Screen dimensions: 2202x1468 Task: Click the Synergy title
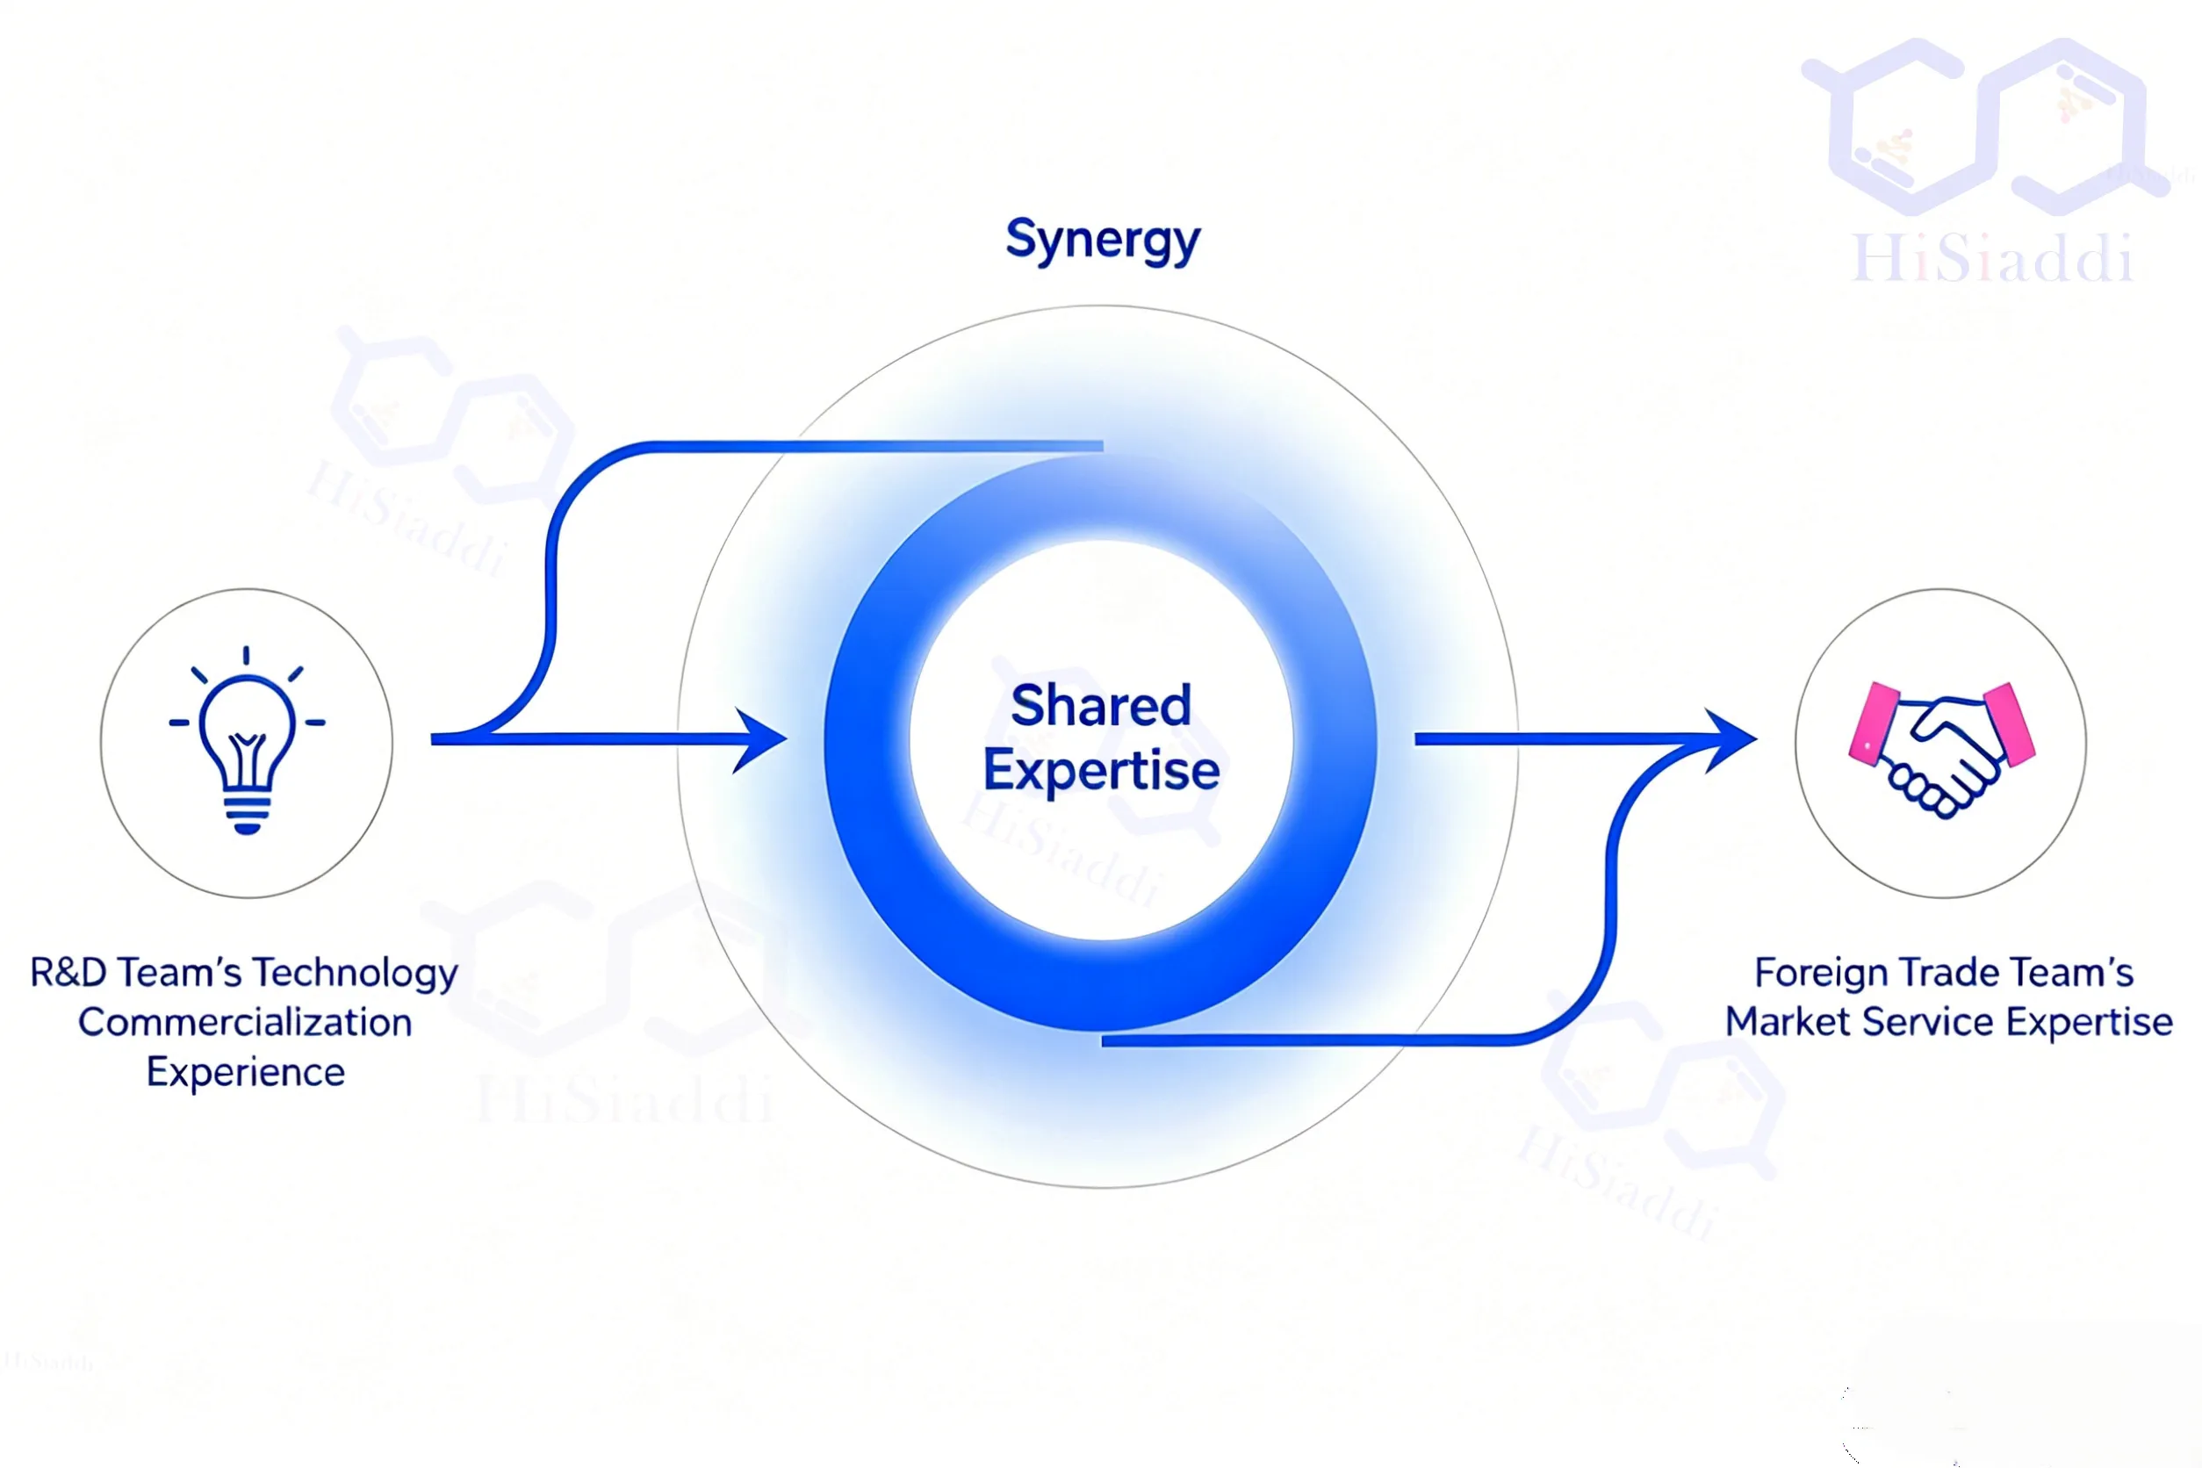(1103, 241)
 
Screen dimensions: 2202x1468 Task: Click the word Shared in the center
(1101, 705)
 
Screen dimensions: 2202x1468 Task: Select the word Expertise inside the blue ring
(1101, 772)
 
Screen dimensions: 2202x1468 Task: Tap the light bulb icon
(248, 739)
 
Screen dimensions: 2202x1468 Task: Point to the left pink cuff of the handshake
(1873, 723)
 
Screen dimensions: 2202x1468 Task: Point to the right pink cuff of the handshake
(2010, 723)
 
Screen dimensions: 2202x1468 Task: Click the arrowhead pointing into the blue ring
(760, 739)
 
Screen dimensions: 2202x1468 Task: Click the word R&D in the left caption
(68, 973)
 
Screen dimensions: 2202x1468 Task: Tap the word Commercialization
(245, 1022)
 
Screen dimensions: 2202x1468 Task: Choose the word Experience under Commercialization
(246, 1073)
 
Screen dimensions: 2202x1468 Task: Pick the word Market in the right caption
(1788, 1022)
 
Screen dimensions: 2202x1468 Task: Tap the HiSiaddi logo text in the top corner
(1992, 257)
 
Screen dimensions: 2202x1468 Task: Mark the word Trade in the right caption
(1946, 973)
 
